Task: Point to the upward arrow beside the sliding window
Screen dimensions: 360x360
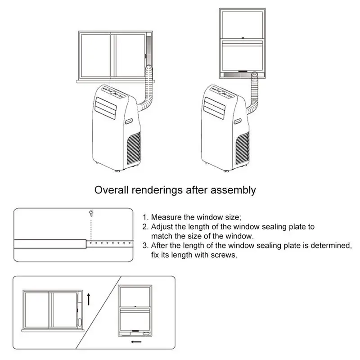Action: coord(89,297)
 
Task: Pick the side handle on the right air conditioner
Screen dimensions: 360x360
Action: coord(238,121)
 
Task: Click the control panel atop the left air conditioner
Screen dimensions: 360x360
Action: coord(113,91)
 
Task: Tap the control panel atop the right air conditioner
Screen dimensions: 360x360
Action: coord(222,91)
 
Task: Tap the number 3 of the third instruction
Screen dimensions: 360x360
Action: coord(145,246)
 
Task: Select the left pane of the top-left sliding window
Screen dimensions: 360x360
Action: coord(95,55)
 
